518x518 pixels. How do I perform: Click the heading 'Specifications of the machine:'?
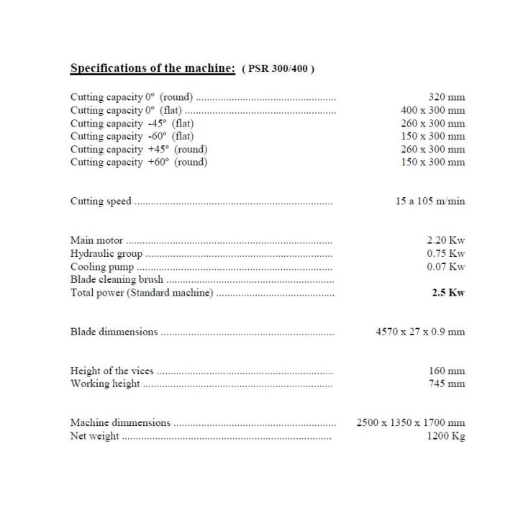coord(153,68)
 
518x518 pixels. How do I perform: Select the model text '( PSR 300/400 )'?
coord(278,69)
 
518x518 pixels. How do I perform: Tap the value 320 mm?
coord(446,96)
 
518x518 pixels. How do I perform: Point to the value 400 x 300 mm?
coord(432,110)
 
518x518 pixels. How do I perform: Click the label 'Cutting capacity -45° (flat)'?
coord(132,123)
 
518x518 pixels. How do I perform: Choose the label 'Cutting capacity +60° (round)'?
coord(138,162)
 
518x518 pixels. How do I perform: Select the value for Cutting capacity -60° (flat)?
coord(432,136)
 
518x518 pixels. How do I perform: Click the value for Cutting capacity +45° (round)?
coord(432,149)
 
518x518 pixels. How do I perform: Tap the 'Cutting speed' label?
coord(101,201)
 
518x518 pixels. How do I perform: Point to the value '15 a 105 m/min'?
coord(430,201)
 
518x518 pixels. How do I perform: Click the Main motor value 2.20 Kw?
coord(446,240)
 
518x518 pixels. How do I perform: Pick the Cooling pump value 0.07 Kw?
coord(446,266)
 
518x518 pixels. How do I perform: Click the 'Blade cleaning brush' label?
coord(117,279)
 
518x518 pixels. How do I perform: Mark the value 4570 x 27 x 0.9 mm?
coord(420,332)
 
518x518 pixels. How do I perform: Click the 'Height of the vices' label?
coord(112,371)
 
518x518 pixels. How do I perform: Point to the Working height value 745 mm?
coord(447,383)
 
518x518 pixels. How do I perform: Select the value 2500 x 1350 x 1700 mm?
coord(411,422)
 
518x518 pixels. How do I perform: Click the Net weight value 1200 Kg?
coord(445,436)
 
